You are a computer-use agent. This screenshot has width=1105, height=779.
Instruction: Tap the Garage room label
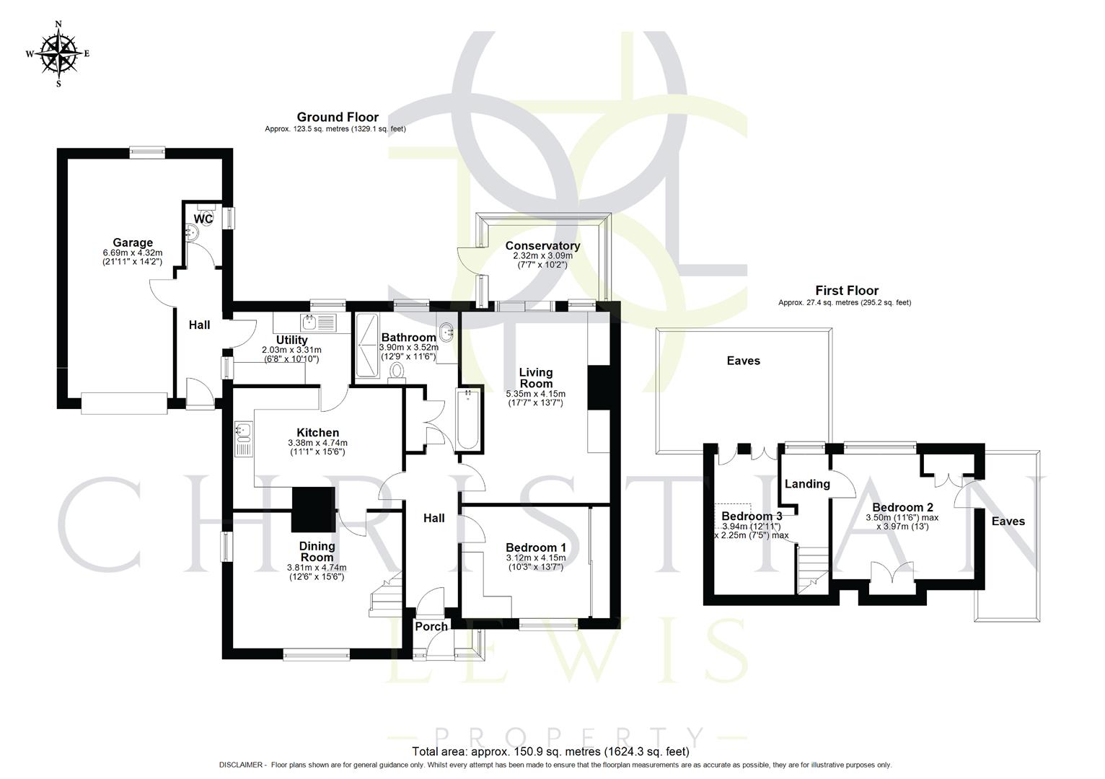pyautogui.click(x=132, y=242)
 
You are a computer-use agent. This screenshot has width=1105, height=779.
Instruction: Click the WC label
pyautogui.click(x=203, y=219)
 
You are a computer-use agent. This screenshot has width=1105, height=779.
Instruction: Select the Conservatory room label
pyautogui.click(x=542, y=246)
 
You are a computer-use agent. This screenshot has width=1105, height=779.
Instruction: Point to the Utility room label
pyautogui.click(x=291, y=340)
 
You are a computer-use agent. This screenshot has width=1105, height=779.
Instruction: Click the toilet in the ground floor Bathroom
pyautogui.click(x=396, y=371)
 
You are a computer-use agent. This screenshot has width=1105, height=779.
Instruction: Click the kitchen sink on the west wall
pyautogui.click(x=242, y=433)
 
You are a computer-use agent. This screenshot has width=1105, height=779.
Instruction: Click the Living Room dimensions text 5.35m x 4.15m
pyautogui.click(x=535, y=394)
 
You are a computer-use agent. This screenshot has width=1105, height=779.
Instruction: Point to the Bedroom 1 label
pyautogui.click(x=535, y=547)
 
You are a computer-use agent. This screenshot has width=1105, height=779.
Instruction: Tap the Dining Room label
pyautogui.click(x=317, y=552)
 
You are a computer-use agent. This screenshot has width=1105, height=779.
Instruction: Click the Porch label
pyautogui.click(x=431, y=626)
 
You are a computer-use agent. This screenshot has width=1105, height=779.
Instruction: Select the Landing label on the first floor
pyautogui.click(x=807, y=484)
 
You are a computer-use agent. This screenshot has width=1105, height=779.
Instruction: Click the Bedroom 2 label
pyautogui.click(x=902, y=507)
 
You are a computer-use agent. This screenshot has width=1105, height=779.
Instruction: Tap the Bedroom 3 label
pyautogui.click(x=752, y=516)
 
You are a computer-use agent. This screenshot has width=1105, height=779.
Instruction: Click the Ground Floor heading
pyautogui.click(x=338, y=118)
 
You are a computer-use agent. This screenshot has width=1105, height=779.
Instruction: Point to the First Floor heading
pyautogui.click(x=847, y=291)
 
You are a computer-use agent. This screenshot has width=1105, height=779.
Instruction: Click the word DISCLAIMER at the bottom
pyautogui.click(x=242, y=765)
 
